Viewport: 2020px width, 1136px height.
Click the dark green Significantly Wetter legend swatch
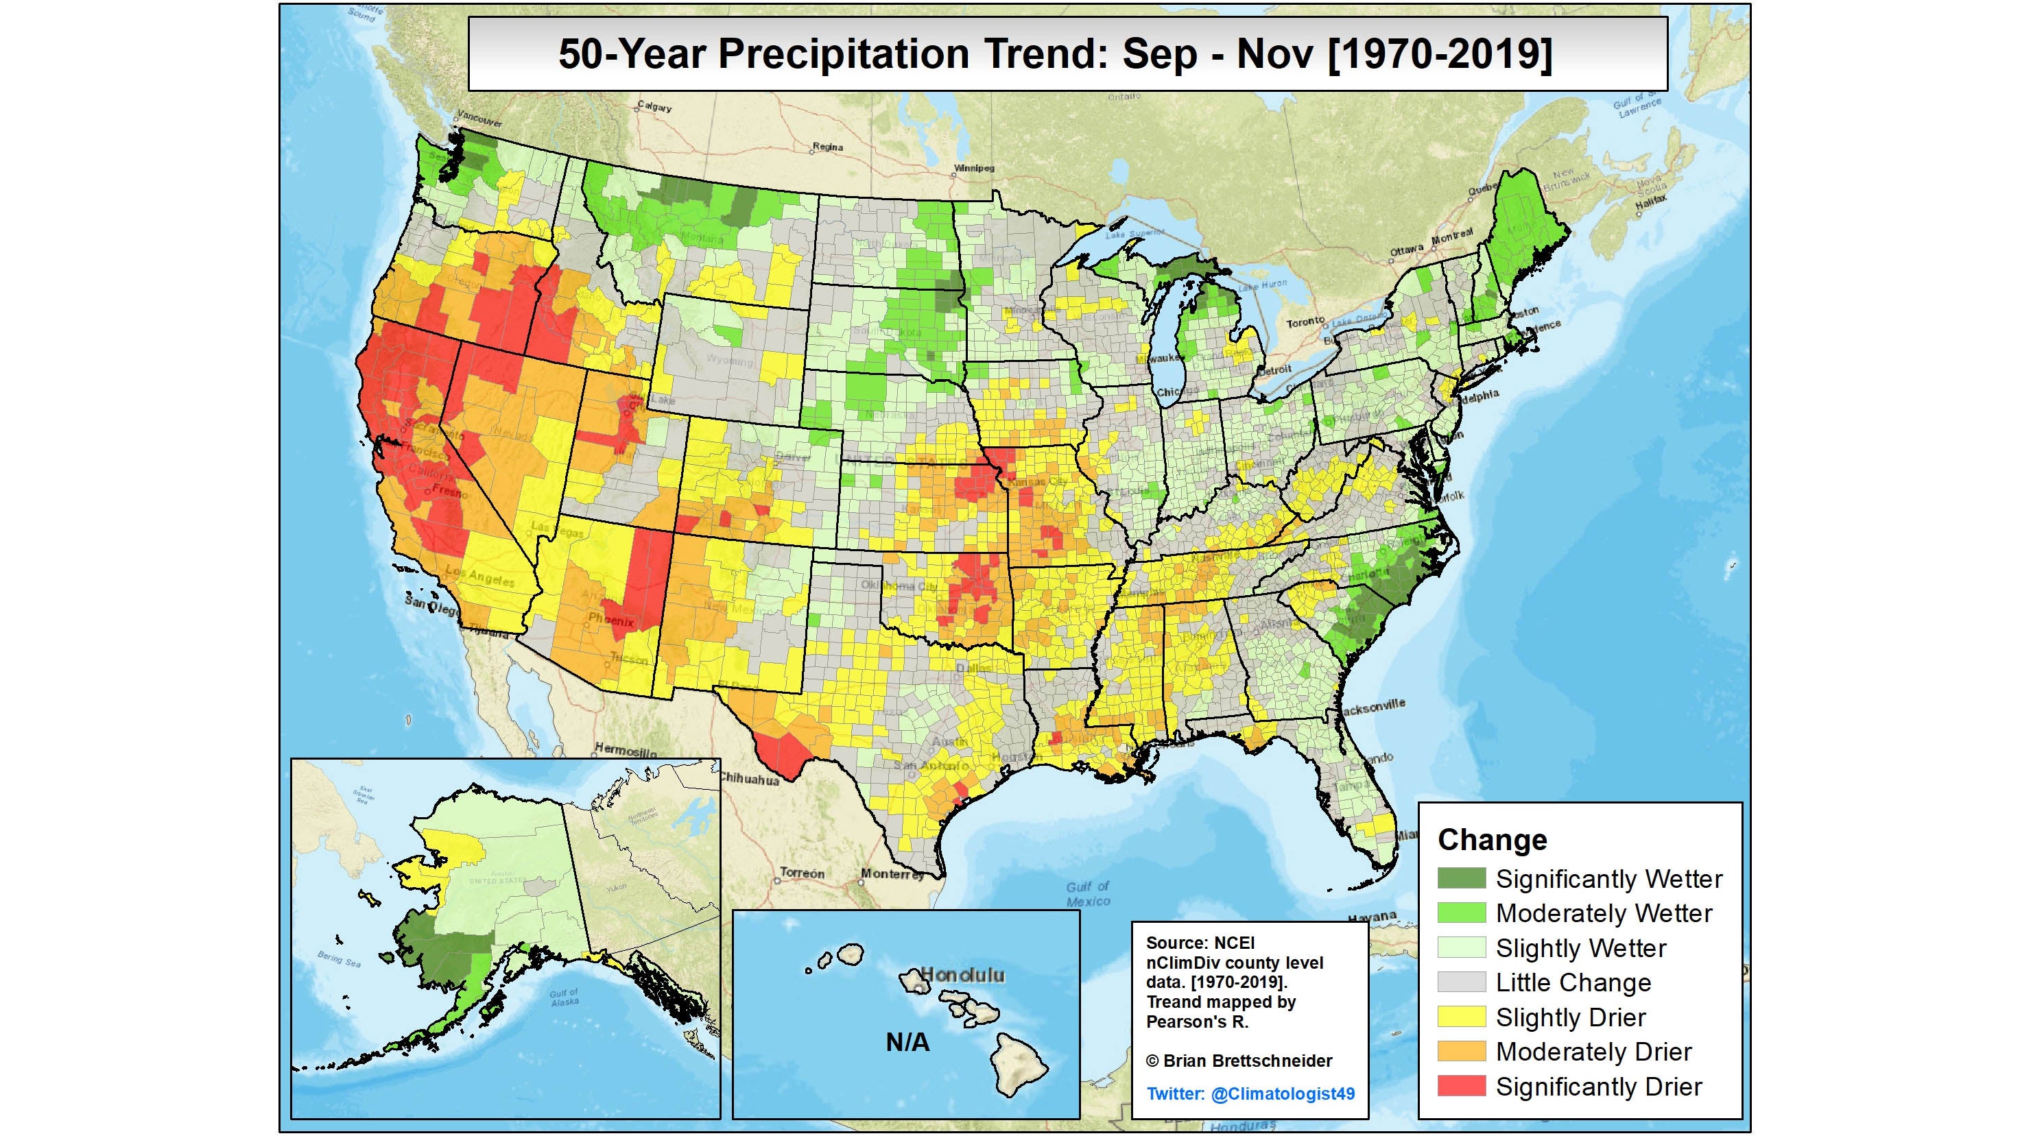coord(1461,878)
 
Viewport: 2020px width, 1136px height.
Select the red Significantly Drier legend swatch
coord(1461,1086)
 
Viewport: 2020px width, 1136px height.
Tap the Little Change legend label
coord(1573,982)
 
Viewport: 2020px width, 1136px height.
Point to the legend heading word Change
coord(1493,840)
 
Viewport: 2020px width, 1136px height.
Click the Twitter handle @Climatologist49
coord(1283,1093)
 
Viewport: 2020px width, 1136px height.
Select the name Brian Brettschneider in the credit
coord(1248,1061)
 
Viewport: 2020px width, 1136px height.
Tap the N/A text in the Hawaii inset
coord(907,1042)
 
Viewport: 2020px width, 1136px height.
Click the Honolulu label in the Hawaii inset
coord(962,976)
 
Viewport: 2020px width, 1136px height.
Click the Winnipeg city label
coord(974,168)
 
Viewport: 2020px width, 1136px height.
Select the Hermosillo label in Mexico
coord(626,750)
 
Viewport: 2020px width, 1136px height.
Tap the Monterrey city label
coord(892,873)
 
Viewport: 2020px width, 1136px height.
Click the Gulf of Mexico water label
coord(1088,894)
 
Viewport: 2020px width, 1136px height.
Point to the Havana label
coord(1372,917)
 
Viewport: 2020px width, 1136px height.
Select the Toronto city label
coord(1305,322)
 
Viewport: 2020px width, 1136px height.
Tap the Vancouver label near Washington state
coord(479,119)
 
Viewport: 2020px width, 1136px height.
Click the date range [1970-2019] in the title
coord(1440,54)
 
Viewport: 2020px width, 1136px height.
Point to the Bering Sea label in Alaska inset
coord(339,958)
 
